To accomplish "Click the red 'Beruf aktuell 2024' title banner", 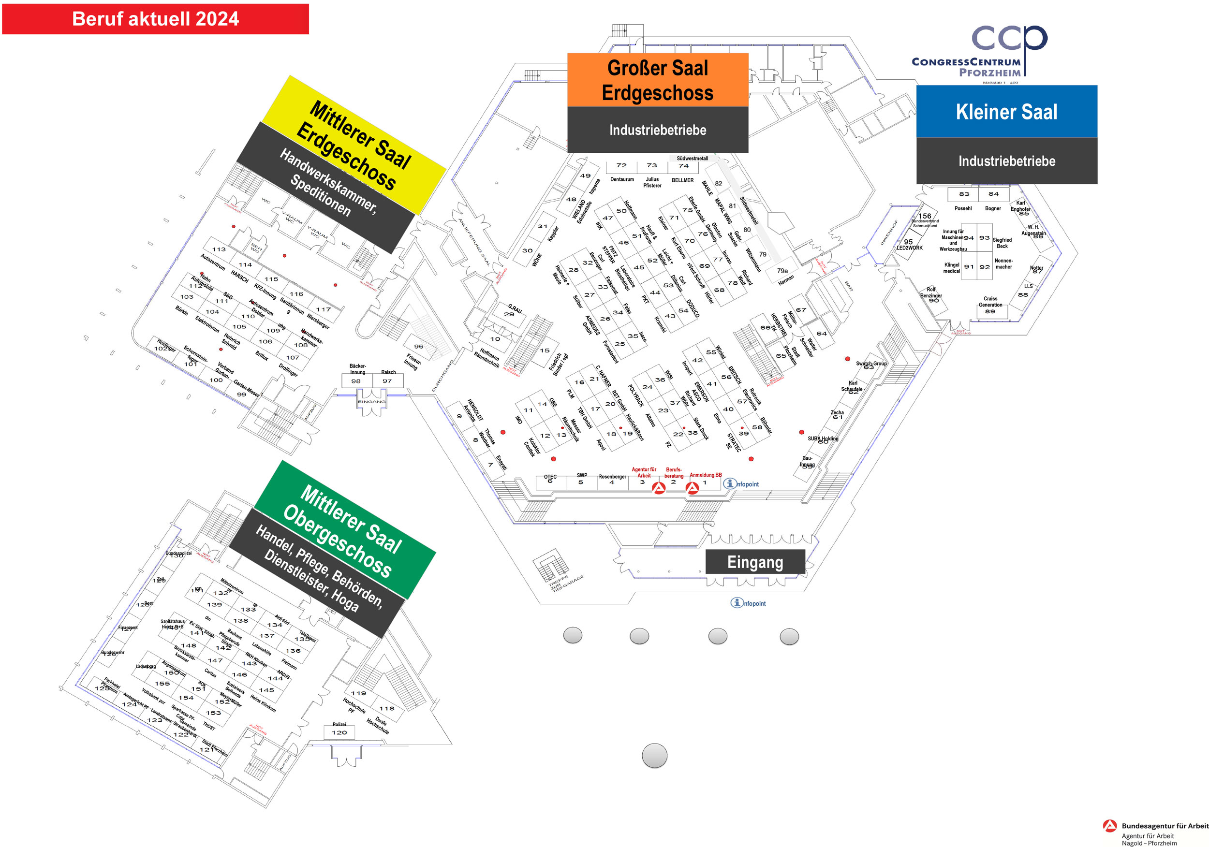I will click(x=155, y=19).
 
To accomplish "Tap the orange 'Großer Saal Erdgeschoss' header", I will click(x=658, y=80).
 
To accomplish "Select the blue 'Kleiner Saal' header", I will click(x=1006, y=112).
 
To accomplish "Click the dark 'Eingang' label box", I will click(x=754, y=562).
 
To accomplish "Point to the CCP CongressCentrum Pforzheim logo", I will click(x=979, y=53).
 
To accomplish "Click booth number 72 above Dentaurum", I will click(x=621, y=166).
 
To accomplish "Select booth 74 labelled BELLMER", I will click(x=683, y=166).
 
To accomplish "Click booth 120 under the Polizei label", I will click(x=339, y=732).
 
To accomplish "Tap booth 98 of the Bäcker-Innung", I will click(x=356, y=381).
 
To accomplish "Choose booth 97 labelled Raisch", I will click(x=387, y=381).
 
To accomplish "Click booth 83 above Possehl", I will click(x=964, y=194).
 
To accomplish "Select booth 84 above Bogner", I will click(x=993, y=194).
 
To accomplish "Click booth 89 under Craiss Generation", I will click(x=990, y=312).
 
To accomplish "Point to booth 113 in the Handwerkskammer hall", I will click(x=219, y=249).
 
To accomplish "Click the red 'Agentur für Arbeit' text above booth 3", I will click(x=644, y=472).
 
